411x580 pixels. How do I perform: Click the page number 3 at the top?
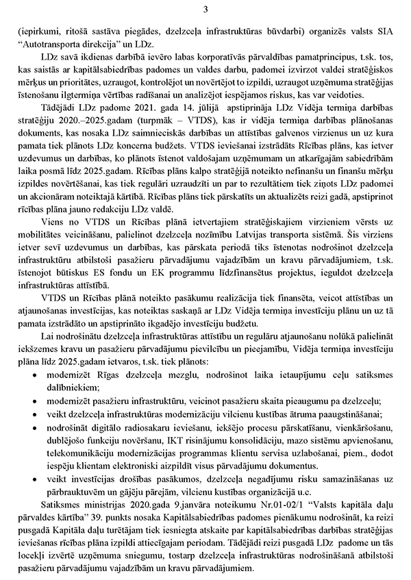[x=206, y=9]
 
